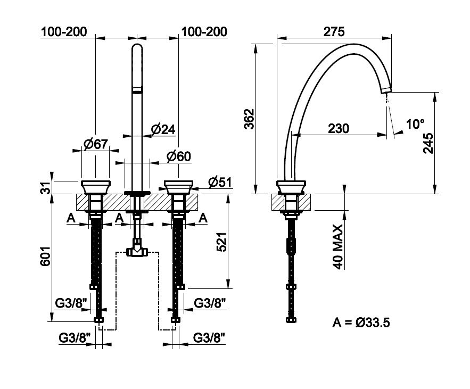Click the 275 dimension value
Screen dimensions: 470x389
[x=334, y=31]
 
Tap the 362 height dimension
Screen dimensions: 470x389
[x=249, y=119]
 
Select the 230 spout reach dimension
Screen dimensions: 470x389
[x=339, y=129]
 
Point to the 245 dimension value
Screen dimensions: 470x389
[x=428, y=143]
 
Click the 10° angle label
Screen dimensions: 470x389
[x=416, y=124]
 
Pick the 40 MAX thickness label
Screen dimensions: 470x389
[x=338, y=247]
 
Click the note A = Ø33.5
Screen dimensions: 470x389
[x=361, y=322]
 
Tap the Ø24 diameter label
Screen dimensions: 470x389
[x=163, y=129]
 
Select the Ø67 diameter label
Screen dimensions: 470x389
[x=95, y=144]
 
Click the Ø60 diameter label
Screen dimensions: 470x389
[x=179, y=156]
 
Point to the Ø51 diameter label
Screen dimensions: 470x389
[x=220, y=182]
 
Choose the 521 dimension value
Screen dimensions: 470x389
[x=222, y=242]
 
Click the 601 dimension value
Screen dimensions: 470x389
[x=45, y=256]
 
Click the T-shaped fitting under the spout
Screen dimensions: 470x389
[x=137, y=247]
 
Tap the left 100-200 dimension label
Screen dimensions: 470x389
[x=64, y=31]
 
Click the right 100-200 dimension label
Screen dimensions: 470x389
[x=204, y=31]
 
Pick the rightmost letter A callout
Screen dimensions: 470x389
[x=203, y=218]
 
